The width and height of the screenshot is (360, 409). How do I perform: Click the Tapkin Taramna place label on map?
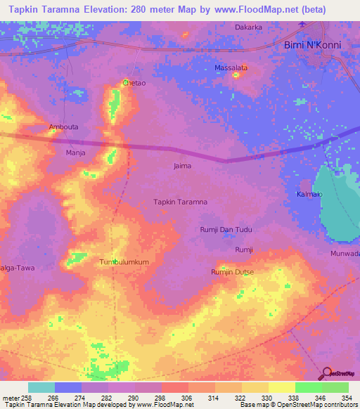click(180, 202)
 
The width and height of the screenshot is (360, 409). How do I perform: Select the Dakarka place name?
click(248, 27)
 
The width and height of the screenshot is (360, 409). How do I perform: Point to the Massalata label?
click(231, 68)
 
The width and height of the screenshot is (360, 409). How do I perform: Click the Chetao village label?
click(134, 83)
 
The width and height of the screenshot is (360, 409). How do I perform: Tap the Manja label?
click(75, 152)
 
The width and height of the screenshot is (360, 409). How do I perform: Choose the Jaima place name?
click(182, 166)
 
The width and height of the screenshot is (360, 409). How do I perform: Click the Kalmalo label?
click(309, 193)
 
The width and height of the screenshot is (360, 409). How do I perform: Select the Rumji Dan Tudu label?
click(226, 230)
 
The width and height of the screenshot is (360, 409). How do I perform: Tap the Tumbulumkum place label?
click(124, 262)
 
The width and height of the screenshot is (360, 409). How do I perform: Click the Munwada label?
click(345, 253)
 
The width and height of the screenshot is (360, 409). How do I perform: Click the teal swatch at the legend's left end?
click(41, 387)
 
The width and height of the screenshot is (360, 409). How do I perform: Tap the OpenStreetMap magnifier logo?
click(327, 373)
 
